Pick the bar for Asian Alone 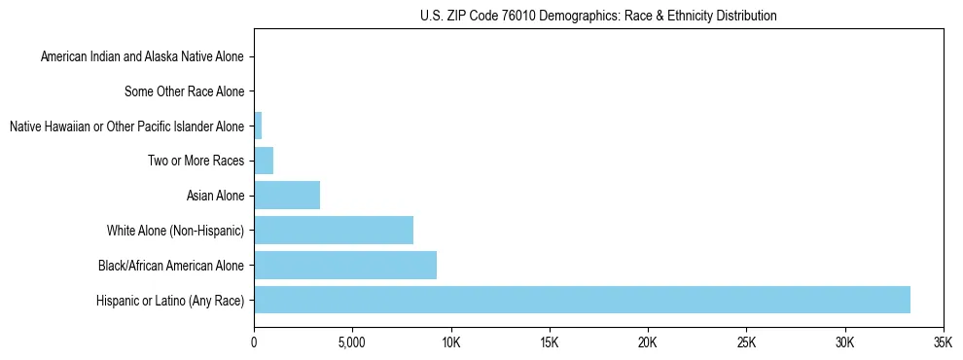[287, 196]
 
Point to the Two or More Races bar [264, 161]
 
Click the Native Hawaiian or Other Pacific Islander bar [258, 126]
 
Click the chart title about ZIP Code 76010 [598, 17]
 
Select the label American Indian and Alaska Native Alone [143, 57]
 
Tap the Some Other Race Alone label [185, 92]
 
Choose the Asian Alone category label [216, 197]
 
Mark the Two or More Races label [196, 162]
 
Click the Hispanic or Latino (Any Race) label [170, 301]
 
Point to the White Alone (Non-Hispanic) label [176, 232]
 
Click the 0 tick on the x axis [254, 342]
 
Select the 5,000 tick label [352, 342]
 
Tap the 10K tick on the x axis [450, 342]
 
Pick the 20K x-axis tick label [648, 342]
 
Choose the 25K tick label [746, 342]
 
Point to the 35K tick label [943, 342]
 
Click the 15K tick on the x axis [549, 342]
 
